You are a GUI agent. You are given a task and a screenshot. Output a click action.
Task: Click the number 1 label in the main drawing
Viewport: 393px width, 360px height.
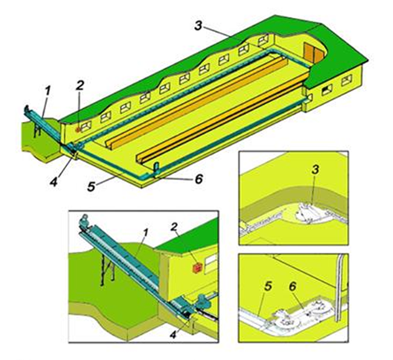pyautogui.click(x=48, y=91)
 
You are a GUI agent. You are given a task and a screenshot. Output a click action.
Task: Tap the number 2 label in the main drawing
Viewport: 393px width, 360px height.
pyautogui.click(x=80, y=86)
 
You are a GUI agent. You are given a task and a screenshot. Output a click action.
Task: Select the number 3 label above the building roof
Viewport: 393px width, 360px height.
pyautogui.click(x=198, y=26)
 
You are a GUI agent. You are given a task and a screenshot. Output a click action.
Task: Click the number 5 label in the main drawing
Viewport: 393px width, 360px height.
pyautogui.click(x=92, y=187)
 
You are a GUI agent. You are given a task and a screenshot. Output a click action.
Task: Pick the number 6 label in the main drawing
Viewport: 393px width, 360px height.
pyautogui.click(x=199, y=179)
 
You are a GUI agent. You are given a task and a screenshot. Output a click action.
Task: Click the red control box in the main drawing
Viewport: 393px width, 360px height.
pyautogui.click(x=78, y=129)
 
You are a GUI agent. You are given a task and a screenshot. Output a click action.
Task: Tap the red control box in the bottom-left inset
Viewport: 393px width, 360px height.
pyautogui.click(x=196, y=269)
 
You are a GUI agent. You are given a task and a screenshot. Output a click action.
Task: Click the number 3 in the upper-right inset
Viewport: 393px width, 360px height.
pyautogui.click(x=316, y=169)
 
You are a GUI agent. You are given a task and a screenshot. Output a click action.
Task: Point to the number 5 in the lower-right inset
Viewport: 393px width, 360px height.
pyautogui.click(x=268, y=286)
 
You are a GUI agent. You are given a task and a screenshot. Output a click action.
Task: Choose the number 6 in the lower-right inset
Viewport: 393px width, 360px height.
pyautogui.click(x=293, y=286)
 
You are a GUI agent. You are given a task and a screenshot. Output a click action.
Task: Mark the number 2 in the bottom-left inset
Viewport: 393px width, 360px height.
pyautogui.click(x=174, y=227)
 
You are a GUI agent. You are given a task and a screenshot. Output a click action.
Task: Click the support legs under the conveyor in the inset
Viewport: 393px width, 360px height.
pyautogui.click(x=107, y=269)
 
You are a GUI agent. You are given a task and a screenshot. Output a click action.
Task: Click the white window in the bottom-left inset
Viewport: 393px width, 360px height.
pyautogui.click(x=211, y=263)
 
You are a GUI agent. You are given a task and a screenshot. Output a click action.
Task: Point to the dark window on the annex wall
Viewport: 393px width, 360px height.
pyautogui.click(x=327, y=90)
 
